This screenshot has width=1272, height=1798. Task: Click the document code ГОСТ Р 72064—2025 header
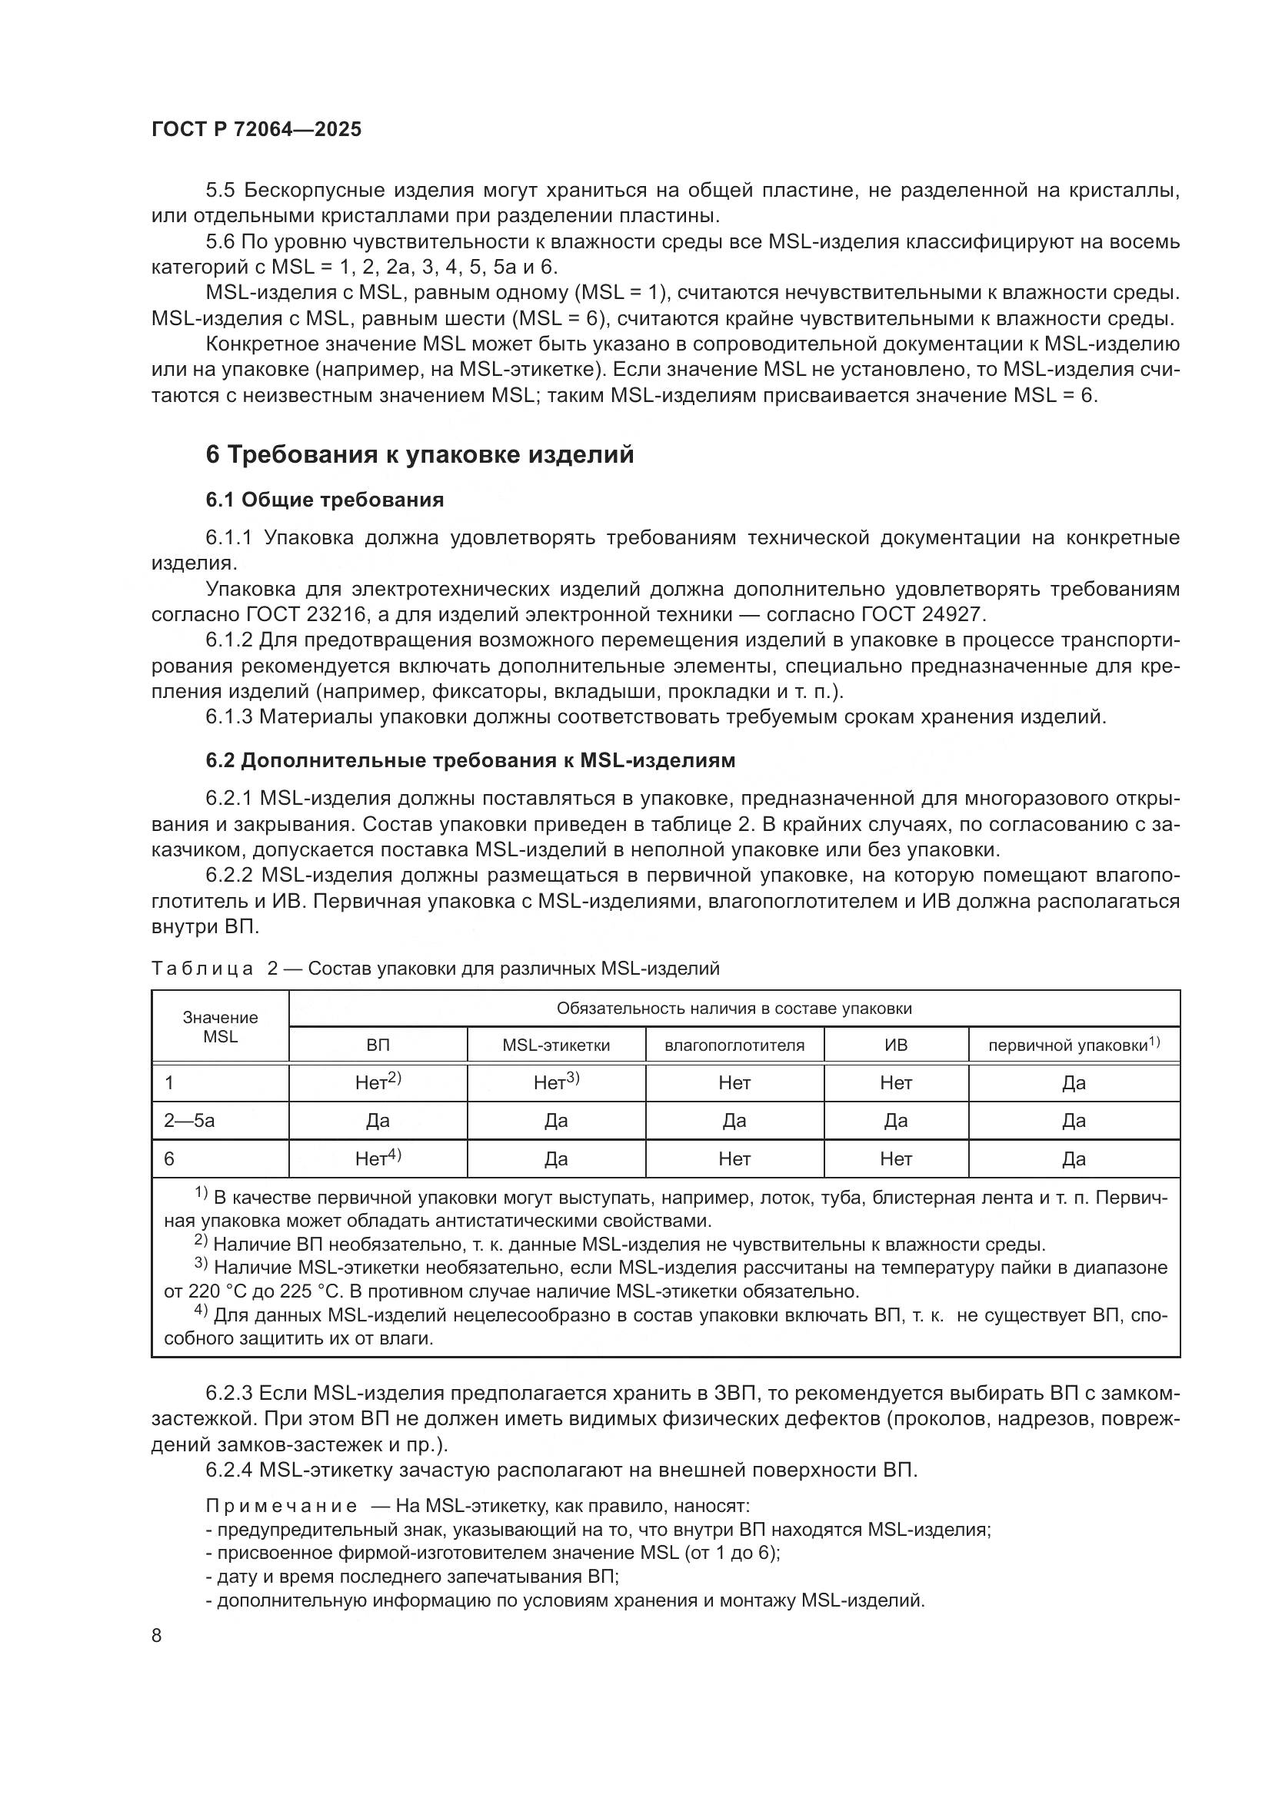coord(256,130)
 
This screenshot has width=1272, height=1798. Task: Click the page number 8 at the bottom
coord(157,1635)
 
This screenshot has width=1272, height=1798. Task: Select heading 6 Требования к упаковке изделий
coord(419,455)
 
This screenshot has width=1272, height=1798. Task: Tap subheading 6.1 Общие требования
coord(325,500)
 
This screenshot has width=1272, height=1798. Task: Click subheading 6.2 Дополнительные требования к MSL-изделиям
coord(470,760)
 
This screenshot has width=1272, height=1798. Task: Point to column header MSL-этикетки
coord(555,1045)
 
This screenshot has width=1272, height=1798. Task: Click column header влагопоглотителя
coord(734,1045)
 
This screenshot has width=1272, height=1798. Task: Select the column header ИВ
coord(895,1045)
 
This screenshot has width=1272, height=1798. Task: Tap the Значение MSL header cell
coord(220,1027)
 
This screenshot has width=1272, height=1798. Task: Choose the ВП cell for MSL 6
coord(378,1158)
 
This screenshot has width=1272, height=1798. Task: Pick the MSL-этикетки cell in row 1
coord(555,1083)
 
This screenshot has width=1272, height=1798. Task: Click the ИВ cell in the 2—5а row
coord(895,1121)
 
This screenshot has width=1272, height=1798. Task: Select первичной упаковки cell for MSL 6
coord(1073,1158)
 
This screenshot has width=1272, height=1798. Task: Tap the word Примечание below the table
coord(281,1506)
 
